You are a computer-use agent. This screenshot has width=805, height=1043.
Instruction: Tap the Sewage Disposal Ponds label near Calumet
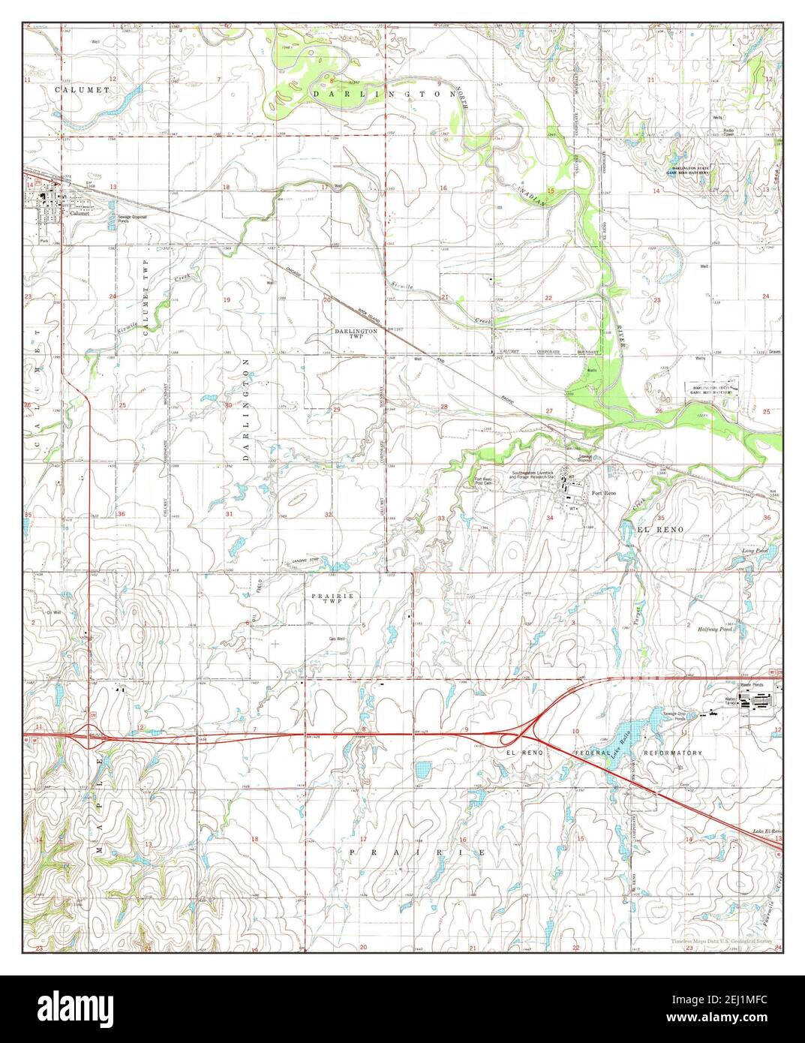coord(132,218)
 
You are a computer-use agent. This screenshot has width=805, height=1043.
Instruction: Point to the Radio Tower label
coord(728,134)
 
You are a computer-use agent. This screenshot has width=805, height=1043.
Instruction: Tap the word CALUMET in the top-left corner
coord(83,89)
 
